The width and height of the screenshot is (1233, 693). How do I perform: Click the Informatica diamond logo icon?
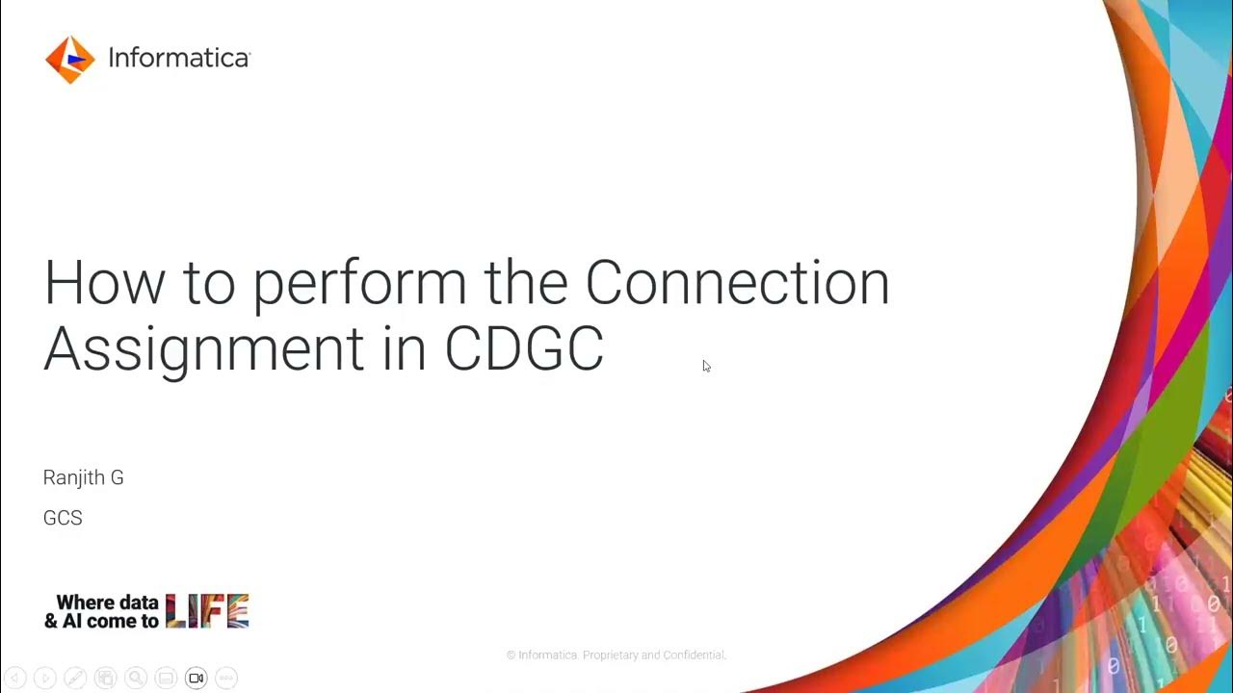[69, 60]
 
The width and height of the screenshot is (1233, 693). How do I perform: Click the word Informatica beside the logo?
[178, 59]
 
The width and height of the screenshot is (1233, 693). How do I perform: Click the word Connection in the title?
[737, 283]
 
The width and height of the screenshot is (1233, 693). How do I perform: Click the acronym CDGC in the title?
[524, 348]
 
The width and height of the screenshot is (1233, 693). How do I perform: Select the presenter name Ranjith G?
[84, 477]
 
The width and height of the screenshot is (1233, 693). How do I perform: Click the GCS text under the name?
[63, 518]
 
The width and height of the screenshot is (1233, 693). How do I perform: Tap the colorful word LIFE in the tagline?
[207, 611]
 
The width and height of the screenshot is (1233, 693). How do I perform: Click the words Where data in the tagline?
[107, 603]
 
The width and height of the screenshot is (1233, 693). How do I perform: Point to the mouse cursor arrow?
[706, 366]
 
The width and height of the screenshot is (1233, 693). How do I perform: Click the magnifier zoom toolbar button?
[136, 679]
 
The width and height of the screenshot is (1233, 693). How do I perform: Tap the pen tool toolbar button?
[75, 679]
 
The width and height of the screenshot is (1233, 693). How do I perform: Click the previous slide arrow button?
[14, 679]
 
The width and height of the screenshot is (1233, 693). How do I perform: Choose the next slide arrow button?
[44, 679]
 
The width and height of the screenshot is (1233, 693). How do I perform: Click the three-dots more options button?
[225, 679]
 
